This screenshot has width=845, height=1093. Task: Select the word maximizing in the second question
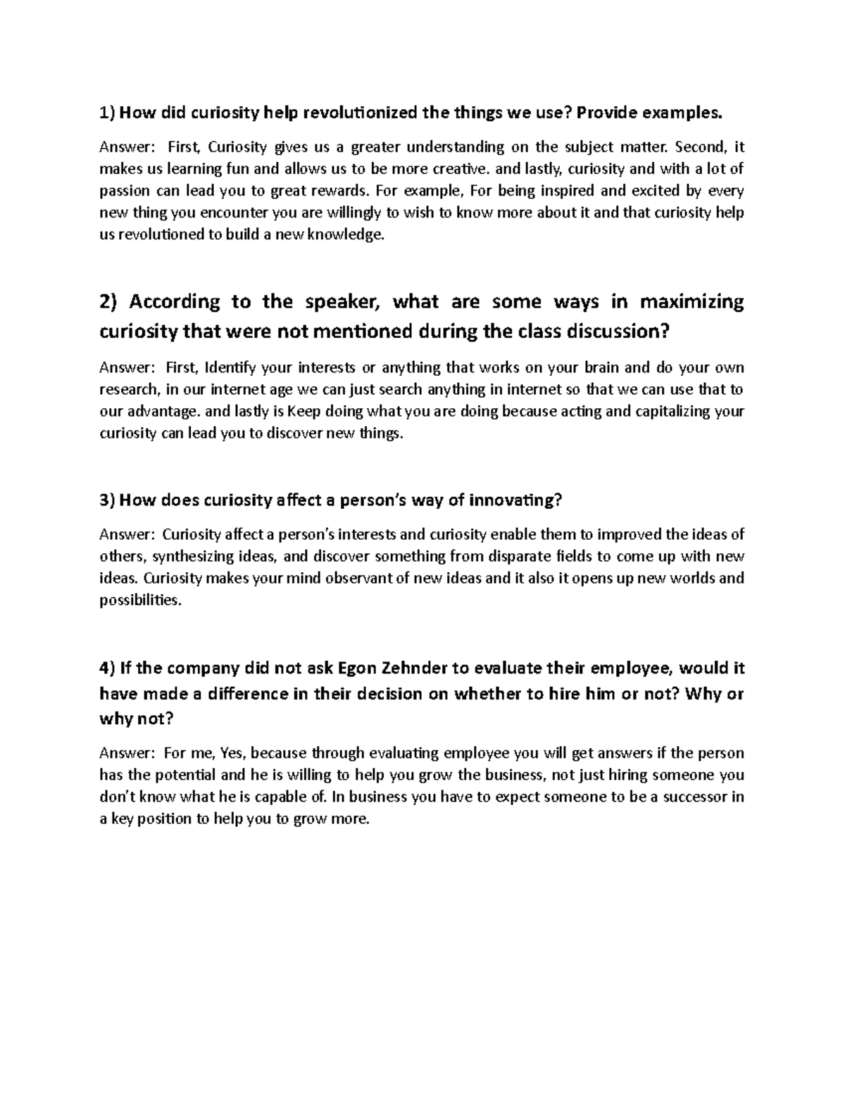[x=691, y=302]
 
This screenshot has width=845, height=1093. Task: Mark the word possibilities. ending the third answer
[x=140, y=600]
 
